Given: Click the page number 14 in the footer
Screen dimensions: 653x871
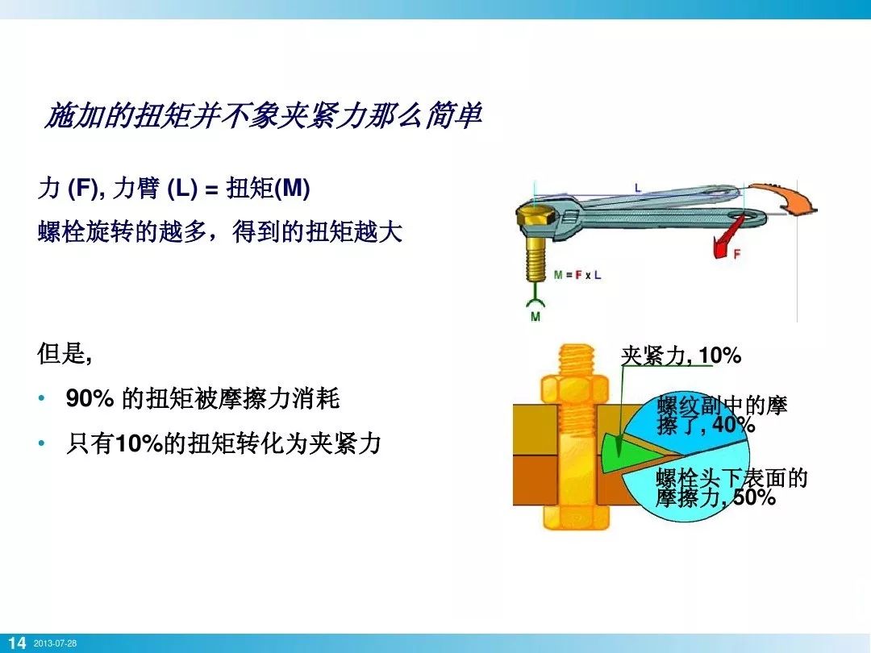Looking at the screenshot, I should point(17,643).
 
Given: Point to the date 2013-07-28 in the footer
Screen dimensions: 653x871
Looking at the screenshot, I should point(55,643).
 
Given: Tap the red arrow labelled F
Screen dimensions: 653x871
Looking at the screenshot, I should point(725,241).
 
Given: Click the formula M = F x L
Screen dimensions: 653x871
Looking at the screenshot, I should point(577,275).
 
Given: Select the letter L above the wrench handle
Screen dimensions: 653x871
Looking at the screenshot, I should point(637,188).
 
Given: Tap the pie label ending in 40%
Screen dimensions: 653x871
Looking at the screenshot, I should point(722,415).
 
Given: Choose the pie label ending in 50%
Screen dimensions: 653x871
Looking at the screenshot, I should point(731,489).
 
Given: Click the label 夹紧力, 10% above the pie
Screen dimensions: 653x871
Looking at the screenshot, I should point(681,356).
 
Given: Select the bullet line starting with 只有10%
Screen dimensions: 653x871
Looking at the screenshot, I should point(223,443).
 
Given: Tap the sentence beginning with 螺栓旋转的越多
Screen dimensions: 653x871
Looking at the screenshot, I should point(219,233).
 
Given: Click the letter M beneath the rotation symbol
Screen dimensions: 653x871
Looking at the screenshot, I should point(536,317).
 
